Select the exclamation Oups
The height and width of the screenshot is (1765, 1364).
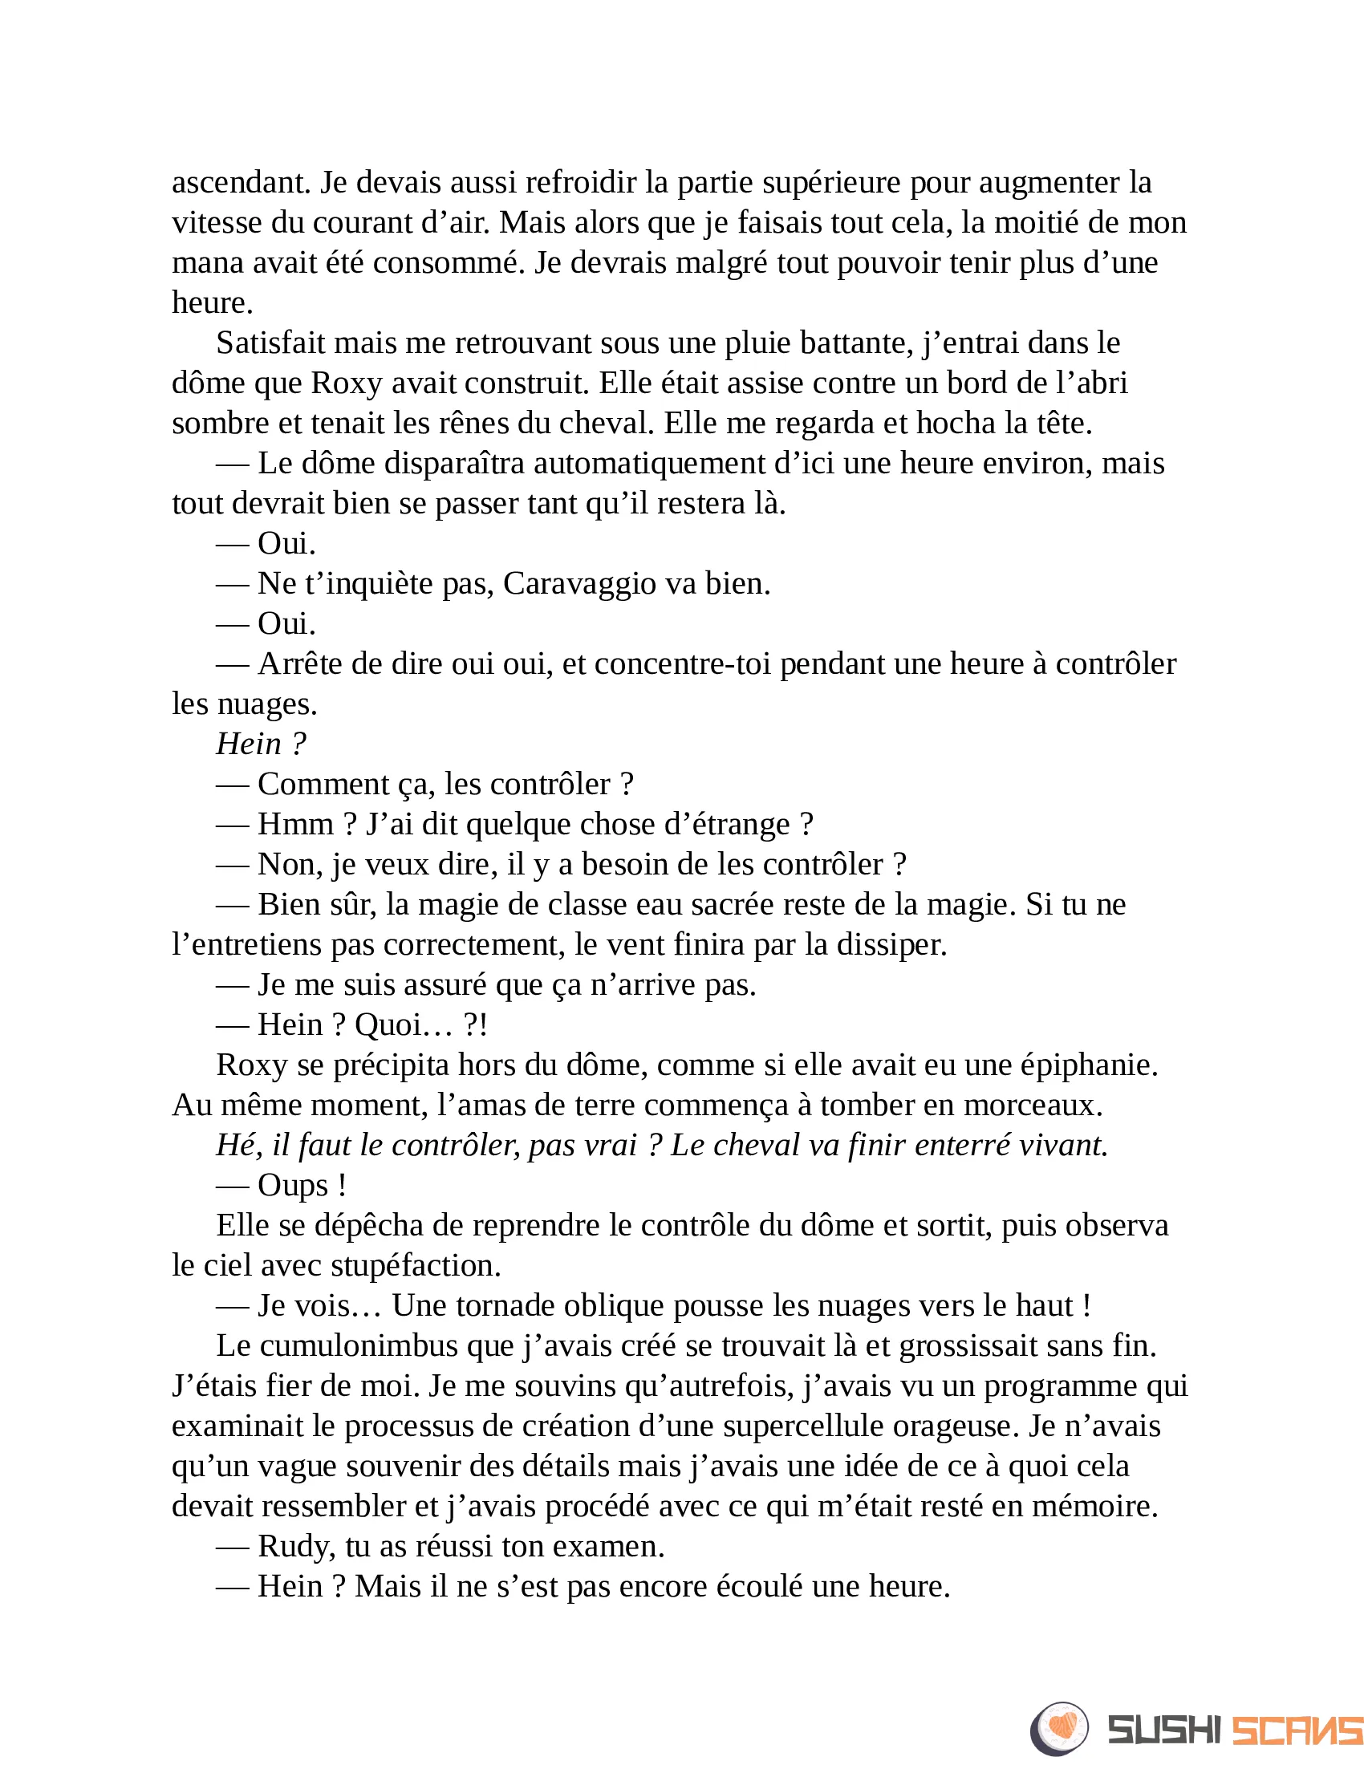coord(293,1186)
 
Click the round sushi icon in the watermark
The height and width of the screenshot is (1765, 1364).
coord(1059,1728)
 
